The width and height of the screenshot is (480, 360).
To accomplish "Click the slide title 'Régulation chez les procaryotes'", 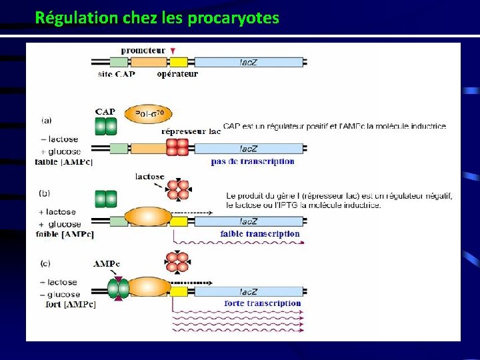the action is click(157, 17).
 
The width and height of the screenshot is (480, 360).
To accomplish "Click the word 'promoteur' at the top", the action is click(143, 51).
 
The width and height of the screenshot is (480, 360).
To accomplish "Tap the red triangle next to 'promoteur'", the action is click(173, 51).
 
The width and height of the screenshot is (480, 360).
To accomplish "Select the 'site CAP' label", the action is click(117, 74).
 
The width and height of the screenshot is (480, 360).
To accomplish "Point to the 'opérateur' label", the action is click(177, 74).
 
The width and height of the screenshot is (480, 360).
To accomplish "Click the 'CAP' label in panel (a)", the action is click(105, 111).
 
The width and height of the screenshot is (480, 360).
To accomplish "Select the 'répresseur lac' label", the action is click(191, 131).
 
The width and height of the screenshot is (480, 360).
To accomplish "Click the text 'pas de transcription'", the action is click(253, 161).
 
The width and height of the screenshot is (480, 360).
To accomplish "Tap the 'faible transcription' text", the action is click(259, 233).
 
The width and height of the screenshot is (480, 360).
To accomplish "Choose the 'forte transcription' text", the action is click(263, 303).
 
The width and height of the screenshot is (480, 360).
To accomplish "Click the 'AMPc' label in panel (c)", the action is click(107, 264).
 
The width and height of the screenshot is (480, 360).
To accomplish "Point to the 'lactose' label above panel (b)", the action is click(149, 177).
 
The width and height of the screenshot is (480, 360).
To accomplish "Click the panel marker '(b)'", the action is click(45, 193).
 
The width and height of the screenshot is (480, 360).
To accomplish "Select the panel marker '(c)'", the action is click(45, 264).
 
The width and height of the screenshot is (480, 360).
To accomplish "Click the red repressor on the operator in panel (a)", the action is click(178, 148).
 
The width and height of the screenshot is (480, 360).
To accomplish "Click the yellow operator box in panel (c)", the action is click(178, 291).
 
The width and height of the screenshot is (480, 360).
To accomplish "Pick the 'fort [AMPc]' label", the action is click(66, 305).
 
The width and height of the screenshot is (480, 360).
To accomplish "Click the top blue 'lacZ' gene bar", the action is click(249, 62).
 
